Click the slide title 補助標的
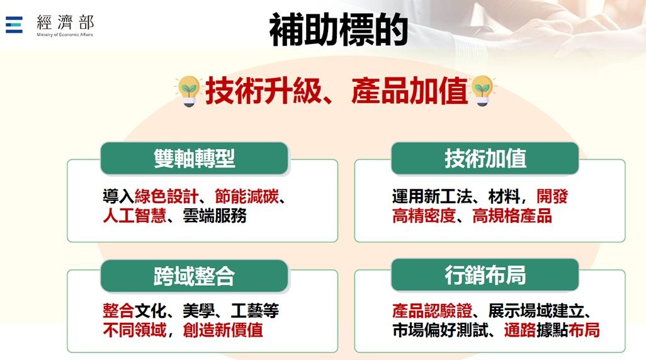(338, 30)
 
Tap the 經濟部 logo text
(65, 22)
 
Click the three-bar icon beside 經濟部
(14, 25)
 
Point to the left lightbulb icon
(189, 91)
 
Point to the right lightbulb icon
(482, 90)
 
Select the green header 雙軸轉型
(194, 158)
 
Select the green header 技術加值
(485, 158)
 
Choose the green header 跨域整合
(194, 276)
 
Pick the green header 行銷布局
(485, 275)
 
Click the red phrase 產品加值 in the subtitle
(409, 91)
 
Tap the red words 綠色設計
(166, 196)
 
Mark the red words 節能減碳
(247, 196)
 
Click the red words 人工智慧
(135, 215)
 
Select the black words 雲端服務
(215, 215)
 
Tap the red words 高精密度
(424, 215)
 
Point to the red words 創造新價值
(223, 330)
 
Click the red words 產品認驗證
(432, 311)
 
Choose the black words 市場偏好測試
(440, 330)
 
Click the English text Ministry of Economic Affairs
(65, 35)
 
